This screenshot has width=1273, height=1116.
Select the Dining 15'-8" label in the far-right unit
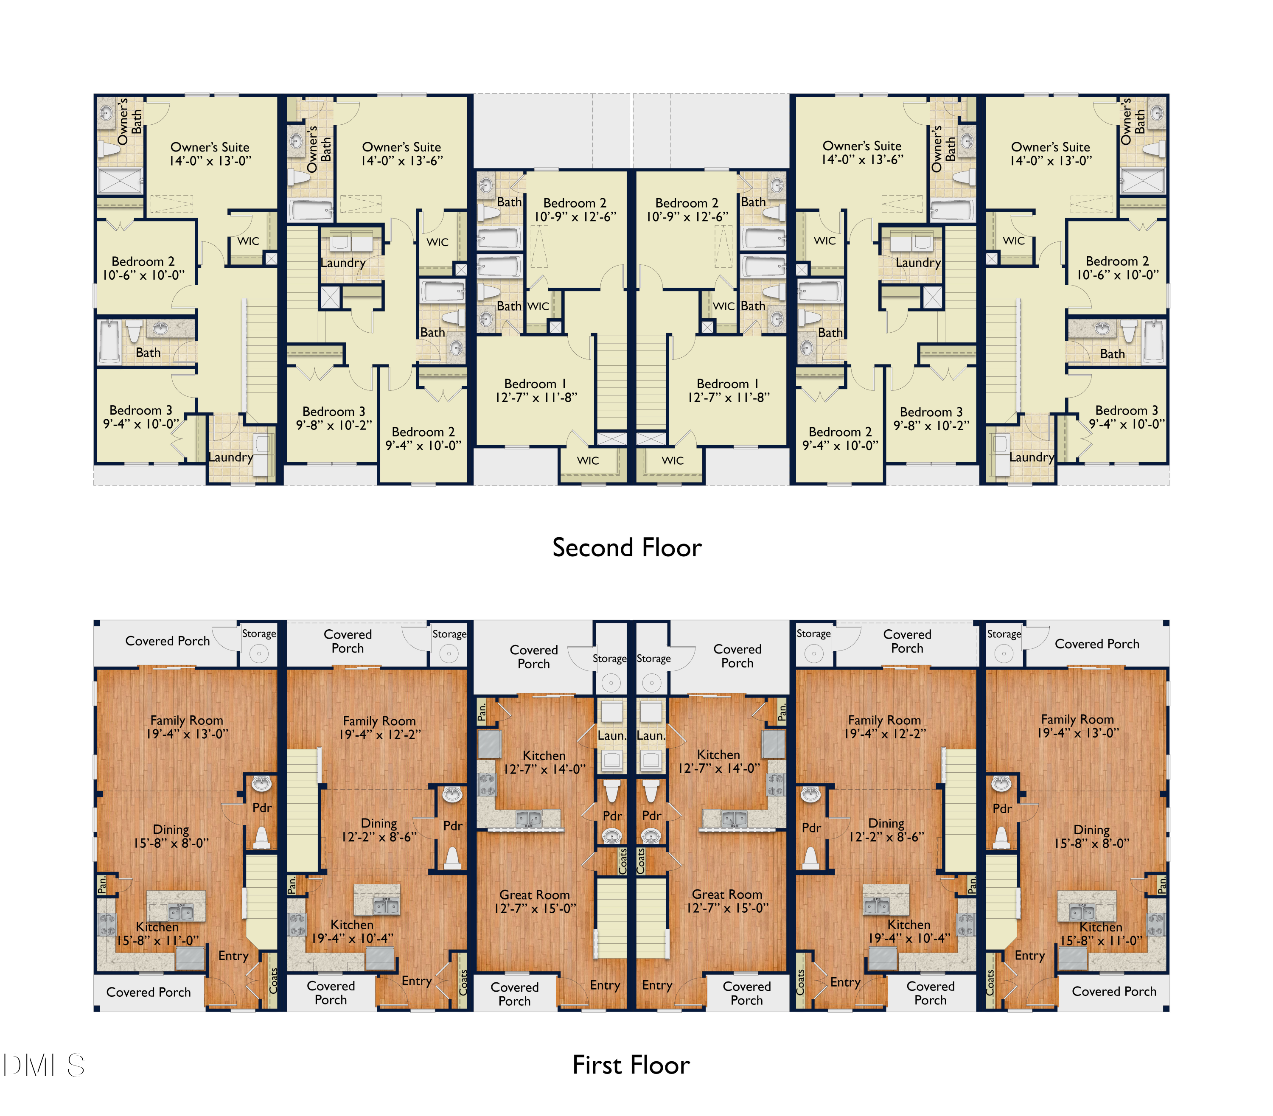(1091, 836)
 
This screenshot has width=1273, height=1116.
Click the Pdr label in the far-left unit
(261, 808)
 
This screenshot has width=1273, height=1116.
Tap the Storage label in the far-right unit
(1004, 634)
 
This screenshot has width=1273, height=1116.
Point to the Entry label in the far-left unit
(233, 956)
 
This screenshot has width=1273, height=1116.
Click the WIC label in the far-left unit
(248, 241)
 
